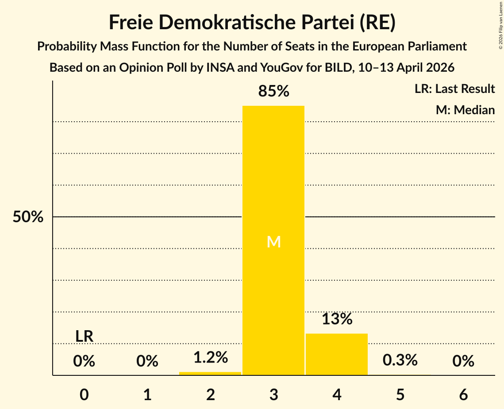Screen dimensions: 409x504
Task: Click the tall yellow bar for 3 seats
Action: coord(273,177)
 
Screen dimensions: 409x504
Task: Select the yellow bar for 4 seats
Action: coord(337,354)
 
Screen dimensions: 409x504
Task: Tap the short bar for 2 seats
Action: coord(210,374)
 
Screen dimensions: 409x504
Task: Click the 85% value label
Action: coord(273,92)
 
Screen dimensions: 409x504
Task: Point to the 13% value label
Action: coord(337,319)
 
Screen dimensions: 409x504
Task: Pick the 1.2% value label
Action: coord(210,357)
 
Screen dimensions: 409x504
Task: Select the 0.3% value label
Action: coord(400,360)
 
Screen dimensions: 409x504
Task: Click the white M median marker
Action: coord(274,242)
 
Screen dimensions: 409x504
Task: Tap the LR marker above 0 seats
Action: coord(84,336)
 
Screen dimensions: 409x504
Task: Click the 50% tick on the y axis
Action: coord(28,217)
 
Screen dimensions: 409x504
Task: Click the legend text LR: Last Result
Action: coord(454,89)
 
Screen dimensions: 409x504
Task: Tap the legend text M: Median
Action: coord(465,110)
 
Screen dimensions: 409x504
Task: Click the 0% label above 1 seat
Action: coord(147,362)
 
